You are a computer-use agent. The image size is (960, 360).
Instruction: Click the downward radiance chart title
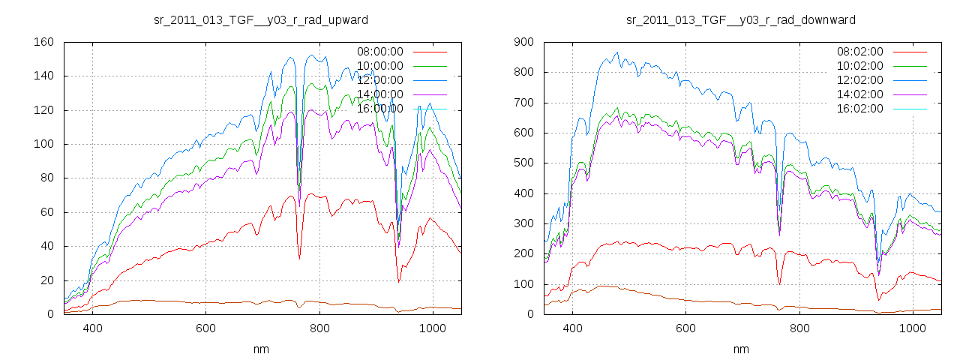pyautogui.click(x=741, y=19)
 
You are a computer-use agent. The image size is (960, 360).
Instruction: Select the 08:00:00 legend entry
pyautogui.click(x=379, y=52)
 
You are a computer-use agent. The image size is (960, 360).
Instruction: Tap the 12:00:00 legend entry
pyautogui.click(x=379, y=80)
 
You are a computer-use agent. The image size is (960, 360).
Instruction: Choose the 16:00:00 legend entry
pyautogui.click(x=379, y=109)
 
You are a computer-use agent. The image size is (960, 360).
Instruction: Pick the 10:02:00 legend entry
pyautogui.click(x=859, y=66)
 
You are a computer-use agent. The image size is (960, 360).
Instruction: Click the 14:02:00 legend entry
pyautogui.click(x=859, y=94)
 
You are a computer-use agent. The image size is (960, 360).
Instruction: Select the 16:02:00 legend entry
pyautogui.click(x=859, y=109)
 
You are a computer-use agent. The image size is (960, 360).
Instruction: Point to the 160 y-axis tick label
pyautogui.click(x=43, y=42)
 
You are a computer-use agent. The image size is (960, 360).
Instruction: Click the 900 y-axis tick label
pyautogui.click(x=523, y=42)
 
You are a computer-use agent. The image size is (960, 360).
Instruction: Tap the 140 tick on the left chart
pyautogui.click(x=43, y=76)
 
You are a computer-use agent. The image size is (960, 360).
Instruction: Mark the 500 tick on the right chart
pyautogui.click(x=523, y=163)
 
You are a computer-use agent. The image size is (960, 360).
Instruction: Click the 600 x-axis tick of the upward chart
pyautogui.click(x=206, y=328)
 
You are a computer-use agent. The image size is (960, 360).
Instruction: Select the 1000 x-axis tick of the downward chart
pyautogui.click(x=912, y=328)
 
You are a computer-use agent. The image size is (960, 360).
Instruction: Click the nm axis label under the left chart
pyautogui.click(x=261, y=349)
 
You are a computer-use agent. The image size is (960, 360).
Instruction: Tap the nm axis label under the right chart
pyautogui.click(x=741, y=349)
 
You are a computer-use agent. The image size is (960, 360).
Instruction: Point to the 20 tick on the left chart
pyautogui.click(x=46, y=280)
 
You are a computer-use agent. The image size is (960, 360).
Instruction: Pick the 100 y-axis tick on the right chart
pyautogui.click(x=523, y=284)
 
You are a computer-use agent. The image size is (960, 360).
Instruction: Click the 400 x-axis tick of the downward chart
pyautogui.click(x=572, y=328)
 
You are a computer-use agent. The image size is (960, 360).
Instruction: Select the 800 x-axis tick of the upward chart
pyautogui.click(x=319, y=328)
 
